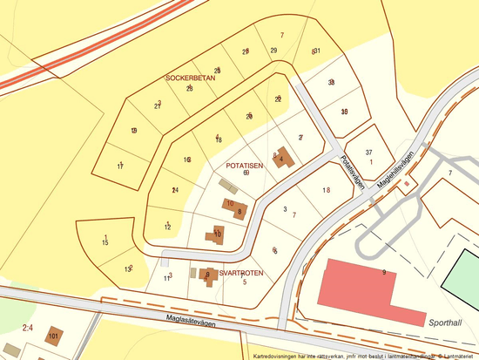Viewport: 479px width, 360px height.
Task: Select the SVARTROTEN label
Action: point(240,273)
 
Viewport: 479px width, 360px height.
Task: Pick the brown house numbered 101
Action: point(54,336)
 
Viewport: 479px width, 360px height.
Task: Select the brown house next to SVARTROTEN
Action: point(207,275)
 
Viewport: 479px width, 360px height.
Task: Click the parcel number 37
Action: point(369,152)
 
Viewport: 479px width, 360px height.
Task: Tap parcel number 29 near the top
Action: point(273,51)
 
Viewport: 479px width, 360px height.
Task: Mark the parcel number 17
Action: point(120,165)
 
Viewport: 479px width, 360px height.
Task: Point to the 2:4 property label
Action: point(27,328)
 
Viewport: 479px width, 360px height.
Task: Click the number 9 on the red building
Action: point(383,273)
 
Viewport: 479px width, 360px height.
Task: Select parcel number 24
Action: point(175,190)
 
